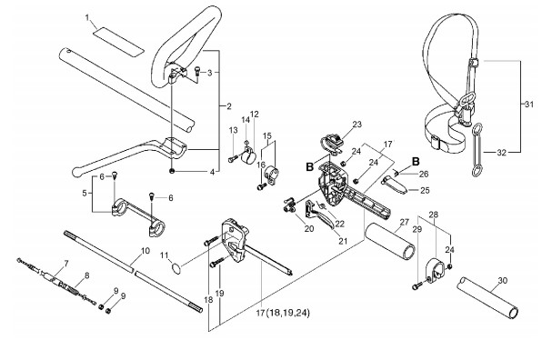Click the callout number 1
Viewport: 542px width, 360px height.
tap(87, 17)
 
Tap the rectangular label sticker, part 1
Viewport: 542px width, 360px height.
tap(118, 42)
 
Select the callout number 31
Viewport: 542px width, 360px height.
tap(529, 104)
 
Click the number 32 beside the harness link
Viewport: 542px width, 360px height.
tap(502, 152)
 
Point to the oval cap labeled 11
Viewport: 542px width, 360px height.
tap(176, 269)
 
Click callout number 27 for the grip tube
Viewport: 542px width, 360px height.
tap(405, 222)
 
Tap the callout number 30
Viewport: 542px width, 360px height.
tap(503, 281)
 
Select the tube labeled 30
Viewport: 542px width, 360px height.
tap(488, 297)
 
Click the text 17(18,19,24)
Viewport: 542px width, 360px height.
tap(283, 313)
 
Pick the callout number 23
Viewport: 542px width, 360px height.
tap(356, 124)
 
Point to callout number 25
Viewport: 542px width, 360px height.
tap(426, 190)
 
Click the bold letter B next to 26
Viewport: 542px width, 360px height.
tap(416, 161)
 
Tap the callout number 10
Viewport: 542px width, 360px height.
tap(146, 251)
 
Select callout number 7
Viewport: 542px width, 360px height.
tap(66, 264)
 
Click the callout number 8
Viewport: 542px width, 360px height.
tap(86, 275)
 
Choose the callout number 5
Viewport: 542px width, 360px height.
tap(85, 193)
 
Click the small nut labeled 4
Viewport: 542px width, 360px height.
tap(172, 171)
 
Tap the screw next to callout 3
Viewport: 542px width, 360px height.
tap(198, 71)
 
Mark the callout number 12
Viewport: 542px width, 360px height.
tap(255, 114)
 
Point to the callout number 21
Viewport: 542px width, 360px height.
tap(343, 241)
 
